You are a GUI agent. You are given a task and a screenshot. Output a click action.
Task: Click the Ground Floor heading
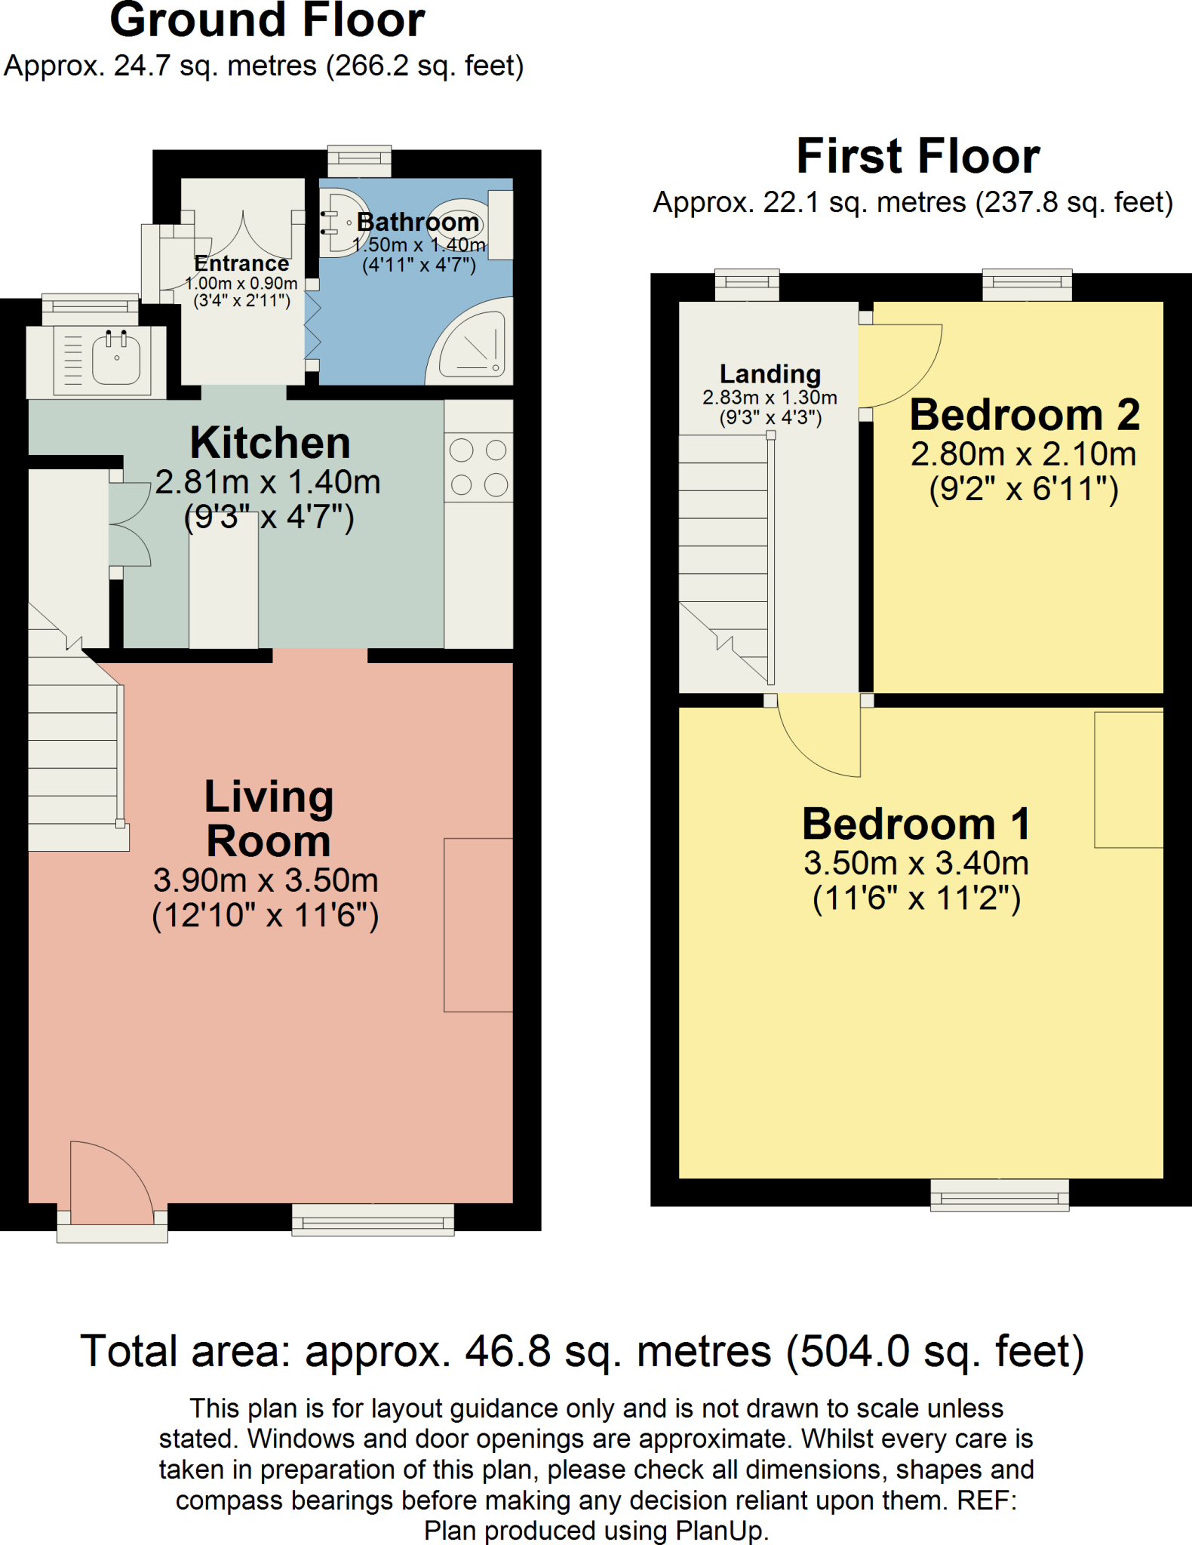coord(267,20)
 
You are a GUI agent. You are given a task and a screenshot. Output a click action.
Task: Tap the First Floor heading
coord(917,156)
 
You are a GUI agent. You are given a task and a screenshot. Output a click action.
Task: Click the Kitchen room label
coord(270,443)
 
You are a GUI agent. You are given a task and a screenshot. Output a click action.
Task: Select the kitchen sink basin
coord(116,358)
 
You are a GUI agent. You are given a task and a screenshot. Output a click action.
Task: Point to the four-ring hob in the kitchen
coord(478,468)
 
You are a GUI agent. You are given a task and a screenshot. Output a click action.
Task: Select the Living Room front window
coord(373,1219)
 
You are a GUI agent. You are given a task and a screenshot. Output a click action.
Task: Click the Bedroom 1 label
coord(916,824)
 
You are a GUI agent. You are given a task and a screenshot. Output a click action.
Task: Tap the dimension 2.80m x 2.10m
coord(1023,454)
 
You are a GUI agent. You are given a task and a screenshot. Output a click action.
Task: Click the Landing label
coord(770,374)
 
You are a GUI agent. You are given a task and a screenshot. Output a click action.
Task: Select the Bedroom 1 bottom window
coord(999,1195)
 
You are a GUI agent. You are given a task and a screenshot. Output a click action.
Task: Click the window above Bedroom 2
coord(1026,284)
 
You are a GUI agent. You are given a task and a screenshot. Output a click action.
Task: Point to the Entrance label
coord(241,263)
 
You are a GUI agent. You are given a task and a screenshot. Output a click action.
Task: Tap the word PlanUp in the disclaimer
coord(720,1531)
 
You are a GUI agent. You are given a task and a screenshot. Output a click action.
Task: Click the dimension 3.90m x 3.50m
coord(266,880)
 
